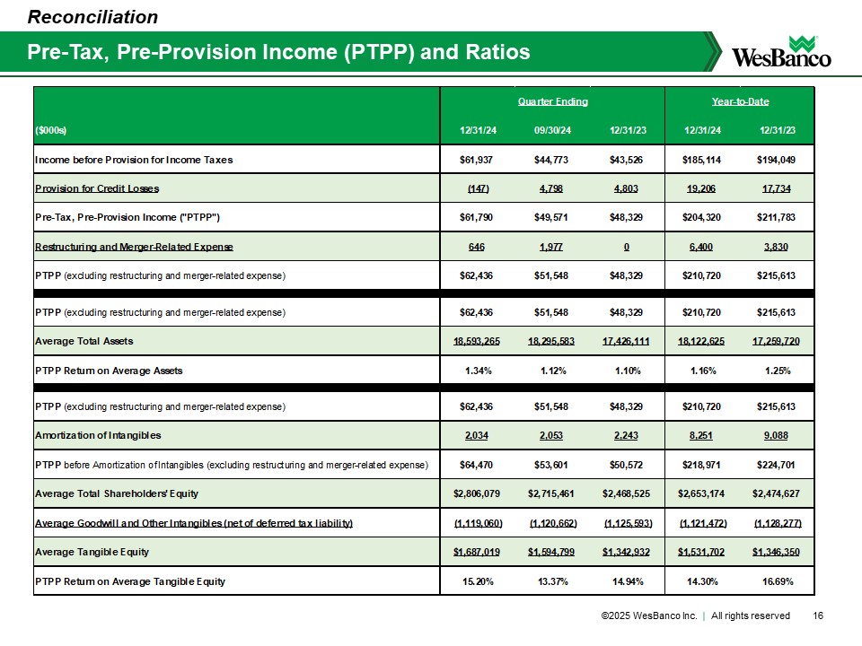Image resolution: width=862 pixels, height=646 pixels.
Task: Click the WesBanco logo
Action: coord(782,51)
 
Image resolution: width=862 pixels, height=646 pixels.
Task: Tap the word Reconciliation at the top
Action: coord(93,16)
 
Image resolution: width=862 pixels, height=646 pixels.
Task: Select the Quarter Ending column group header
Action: coord(552,101)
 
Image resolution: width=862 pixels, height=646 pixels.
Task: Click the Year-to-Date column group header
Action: coord(739,101)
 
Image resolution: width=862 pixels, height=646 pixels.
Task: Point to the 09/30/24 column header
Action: coord(552,131)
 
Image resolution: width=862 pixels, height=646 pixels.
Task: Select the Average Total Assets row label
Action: coord(84,341)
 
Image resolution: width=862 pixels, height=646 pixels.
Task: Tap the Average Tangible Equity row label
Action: coord(92,551)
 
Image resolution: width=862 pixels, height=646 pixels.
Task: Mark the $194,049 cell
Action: coord(776,160)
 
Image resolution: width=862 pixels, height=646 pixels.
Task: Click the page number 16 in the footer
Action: coord(817,615)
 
